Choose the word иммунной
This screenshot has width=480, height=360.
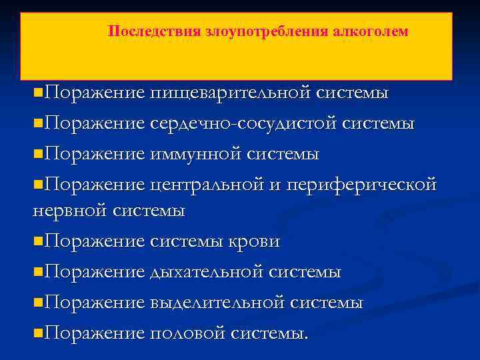pos(195,154)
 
